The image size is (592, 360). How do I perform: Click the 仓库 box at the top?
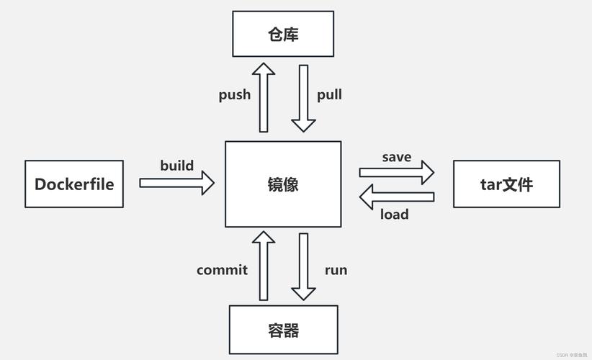[x=283, y=34]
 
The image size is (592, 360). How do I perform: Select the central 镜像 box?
[x=283, y=184]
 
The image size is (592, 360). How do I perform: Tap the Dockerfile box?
[x=74, y=184]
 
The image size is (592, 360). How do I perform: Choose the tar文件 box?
[x=506, y=184]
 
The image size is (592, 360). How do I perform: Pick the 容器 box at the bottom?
[x=283, y=330]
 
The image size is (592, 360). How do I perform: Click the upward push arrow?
[x=264, y=97]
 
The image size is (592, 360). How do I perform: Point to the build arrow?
[x=176, y=183]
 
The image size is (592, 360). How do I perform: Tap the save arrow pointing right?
[x=397, y=173]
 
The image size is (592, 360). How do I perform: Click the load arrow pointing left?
[x=397, y=196]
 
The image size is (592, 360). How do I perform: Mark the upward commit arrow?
[x=264, y=266]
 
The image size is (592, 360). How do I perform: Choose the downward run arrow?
[x=303, y=267]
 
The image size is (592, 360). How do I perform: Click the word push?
[x=235, y=94]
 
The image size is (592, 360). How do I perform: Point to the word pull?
[x=329, y=94]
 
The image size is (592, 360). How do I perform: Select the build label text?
[x=177, y=166]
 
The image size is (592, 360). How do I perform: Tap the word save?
[x=397, y=157]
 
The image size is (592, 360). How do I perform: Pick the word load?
[x=394, y=214]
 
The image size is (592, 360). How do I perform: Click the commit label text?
[x=222, y=270]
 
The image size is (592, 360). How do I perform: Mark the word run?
[x=336, y=270]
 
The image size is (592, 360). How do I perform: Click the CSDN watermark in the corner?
[x=573, y=355]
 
